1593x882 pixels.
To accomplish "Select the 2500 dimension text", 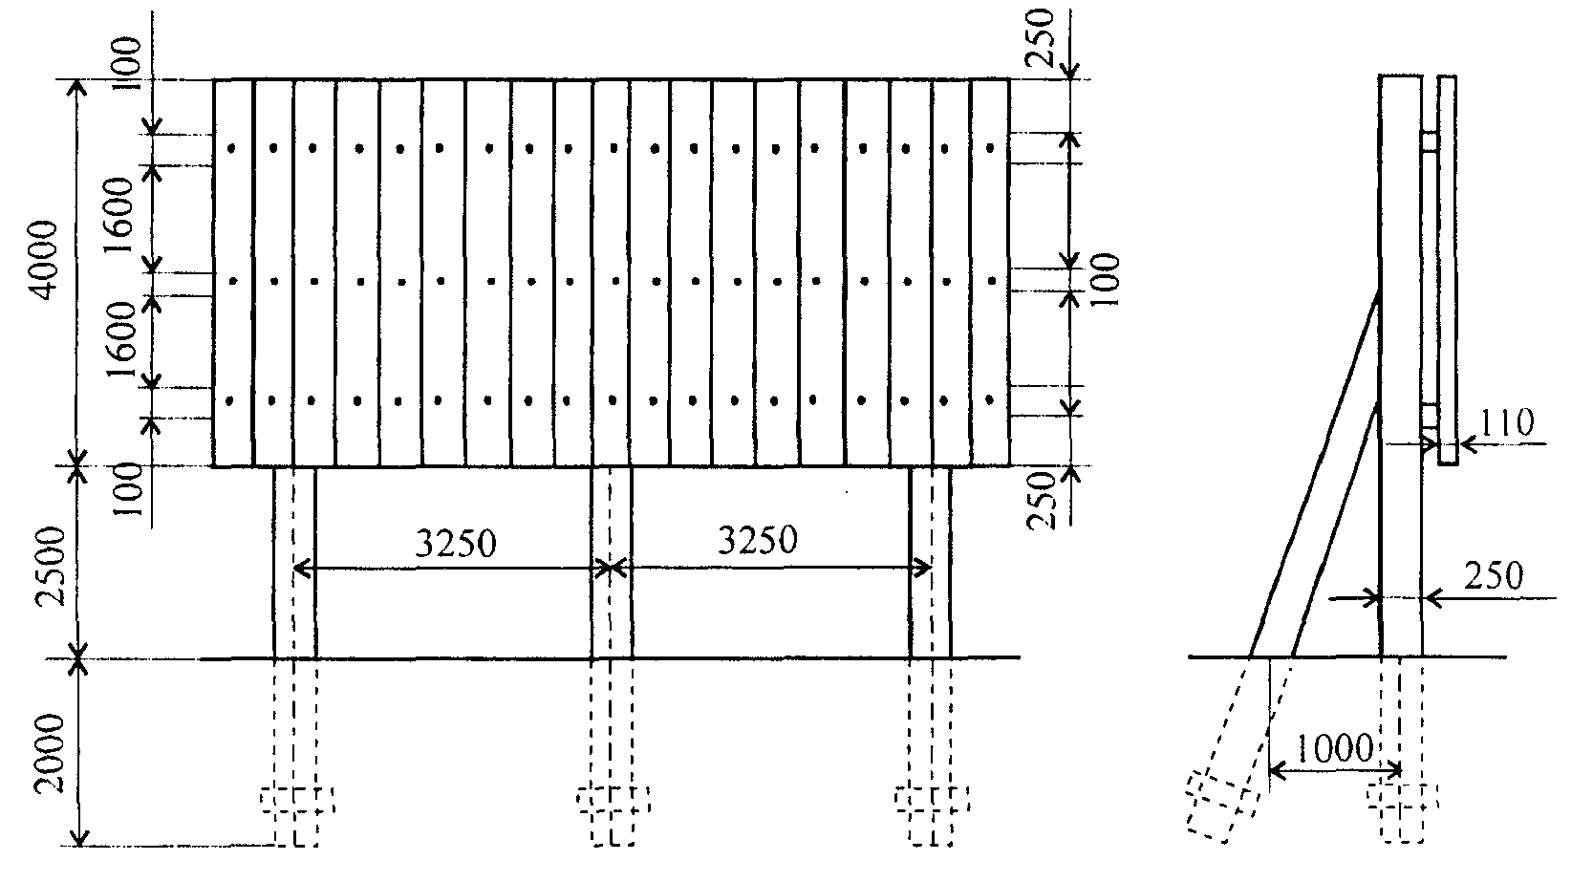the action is [x=52, y=567].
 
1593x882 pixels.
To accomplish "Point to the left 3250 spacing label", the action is [x=455, y=544].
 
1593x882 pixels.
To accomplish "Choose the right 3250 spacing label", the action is [x=758, y=540].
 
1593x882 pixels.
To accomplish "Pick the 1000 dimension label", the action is [x=1335, y=748].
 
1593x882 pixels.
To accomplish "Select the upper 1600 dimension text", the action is [x=118, y=216].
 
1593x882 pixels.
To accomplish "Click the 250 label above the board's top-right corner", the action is [x=1039, y=37].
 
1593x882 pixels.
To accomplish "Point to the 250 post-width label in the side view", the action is [x=1494, y=575].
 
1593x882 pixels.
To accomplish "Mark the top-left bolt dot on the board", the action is [x=231, y=149].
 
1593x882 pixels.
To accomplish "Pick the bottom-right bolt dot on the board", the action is [x=990, y=400].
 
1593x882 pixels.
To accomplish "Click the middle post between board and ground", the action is [x=612, y=562].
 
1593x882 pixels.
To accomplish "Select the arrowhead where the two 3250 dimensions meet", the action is [x=612, y=569].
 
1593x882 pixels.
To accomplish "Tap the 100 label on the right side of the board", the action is [x=1105, y=280].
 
